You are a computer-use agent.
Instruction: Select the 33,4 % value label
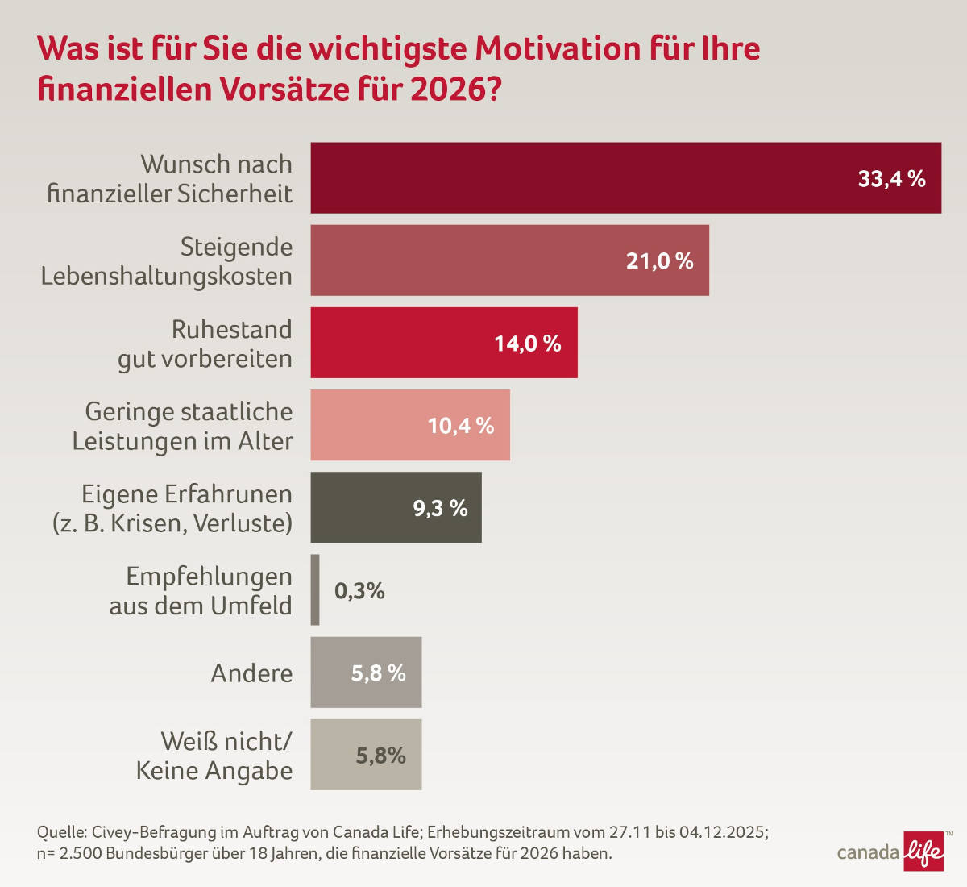click(x=891, y=179)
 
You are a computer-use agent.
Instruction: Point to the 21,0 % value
click(x=659, y=261)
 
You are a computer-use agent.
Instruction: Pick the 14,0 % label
click(x=527, y=344)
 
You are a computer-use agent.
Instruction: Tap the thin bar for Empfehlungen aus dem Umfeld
click(x=315, y=589)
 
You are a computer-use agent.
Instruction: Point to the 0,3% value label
click(x=359, y=591)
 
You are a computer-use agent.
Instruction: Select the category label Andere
click(x=251, y=673)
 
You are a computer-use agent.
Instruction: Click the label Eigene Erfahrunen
click(x=187, y=493)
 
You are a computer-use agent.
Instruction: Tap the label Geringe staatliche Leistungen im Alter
click(x=185, y=426)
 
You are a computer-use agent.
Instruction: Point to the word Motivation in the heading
click(x=558, y=48)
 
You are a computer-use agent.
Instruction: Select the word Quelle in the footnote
click(x=61, y=832)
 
